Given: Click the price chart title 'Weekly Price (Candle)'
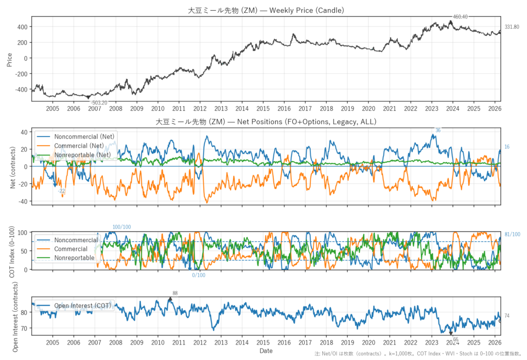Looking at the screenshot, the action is click(307, 10).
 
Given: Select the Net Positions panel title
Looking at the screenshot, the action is click(266, 122).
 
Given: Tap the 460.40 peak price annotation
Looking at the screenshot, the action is click(460, 17).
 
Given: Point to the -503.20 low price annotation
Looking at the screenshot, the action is click(99, 103).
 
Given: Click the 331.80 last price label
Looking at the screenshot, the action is click(512, 27).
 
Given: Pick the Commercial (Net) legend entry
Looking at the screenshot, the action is click(79, 146).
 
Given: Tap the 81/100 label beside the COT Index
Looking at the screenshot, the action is click(512, 234).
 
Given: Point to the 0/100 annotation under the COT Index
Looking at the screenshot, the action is click(199, 275).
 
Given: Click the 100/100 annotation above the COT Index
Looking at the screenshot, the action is click(121, 227).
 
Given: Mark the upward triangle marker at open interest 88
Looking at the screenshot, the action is click(170, 299).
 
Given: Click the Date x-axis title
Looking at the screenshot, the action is click(266, 351).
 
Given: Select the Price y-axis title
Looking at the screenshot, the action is click(9, 60).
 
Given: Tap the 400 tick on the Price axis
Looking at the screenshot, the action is click(23, 27).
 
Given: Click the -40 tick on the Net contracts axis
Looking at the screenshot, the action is click(23, 201).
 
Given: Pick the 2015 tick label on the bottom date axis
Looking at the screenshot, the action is click(263, 343).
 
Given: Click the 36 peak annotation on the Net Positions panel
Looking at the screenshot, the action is click(437, 130).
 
